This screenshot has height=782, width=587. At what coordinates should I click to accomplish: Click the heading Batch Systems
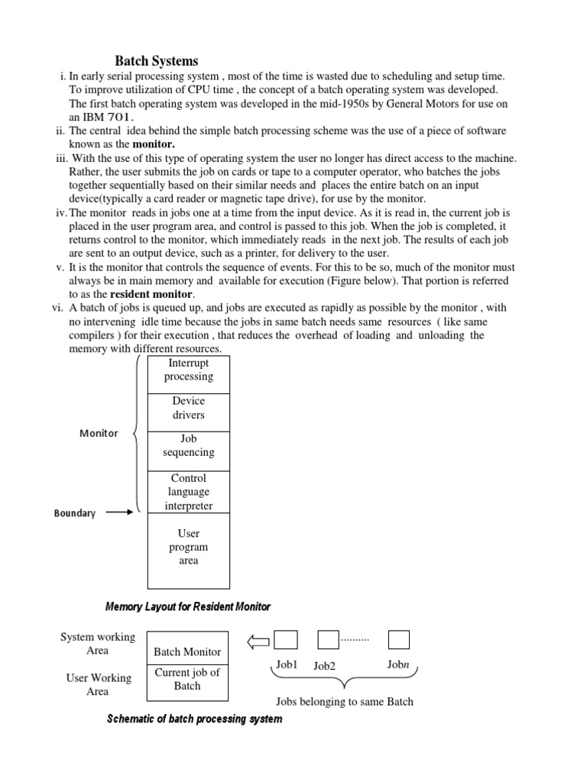tap(156, 61)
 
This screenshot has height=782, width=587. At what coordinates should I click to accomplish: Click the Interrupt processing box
tap(188, 370)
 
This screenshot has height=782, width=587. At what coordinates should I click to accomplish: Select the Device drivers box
tap(188, 409)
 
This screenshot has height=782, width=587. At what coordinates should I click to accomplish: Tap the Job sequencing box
tap(188, 446)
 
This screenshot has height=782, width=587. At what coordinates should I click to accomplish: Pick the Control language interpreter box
tap(188, 492)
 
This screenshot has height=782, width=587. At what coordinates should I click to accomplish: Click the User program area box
tap(188, 548)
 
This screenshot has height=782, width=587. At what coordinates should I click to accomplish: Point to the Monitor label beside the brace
tap(99, 433)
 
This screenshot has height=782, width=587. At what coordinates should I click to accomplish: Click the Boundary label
tap(75, 513)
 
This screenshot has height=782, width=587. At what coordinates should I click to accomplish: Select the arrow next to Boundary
tap(118, 512)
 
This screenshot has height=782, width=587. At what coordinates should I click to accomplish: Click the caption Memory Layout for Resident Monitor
tap(187, 606)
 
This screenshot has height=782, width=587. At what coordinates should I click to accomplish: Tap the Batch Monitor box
tap(187, 651)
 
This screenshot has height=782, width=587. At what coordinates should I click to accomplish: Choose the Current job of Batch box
tap(187, 679)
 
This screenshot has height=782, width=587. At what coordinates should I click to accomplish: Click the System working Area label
tap(97, 644)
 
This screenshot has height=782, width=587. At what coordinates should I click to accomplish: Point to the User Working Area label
tap(97, 684)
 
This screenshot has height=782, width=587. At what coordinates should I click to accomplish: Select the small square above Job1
tap(286, 639)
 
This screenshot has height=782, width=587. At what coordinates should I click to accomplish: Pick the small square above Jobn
tap(399, 639)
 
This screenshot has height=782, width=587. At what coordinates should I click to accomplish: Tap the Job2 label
tap(324, 666)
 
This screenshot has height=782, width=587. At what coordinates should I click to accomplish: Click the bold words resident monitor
tap(152, 294)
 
